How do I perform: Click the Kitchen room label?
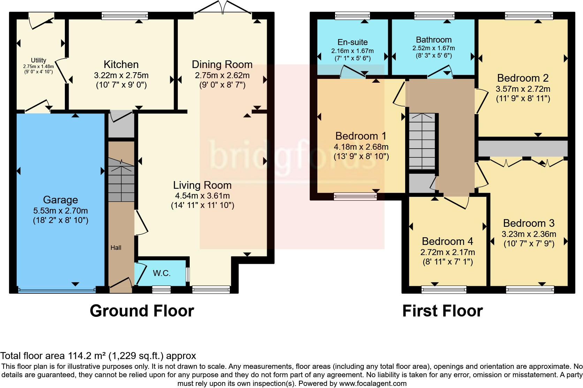point(121,65)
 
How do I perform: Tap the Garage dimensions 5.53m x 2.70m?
point(60,211)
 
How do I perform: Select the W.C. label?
point(162,273)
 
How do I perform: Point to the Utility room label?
point(38,60)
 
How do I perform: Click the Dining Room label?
point(222,65)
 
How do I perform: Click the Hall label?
point(116,248)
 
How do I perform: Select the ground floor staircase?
point(121,180)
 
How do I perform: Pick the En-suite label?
point(353,42)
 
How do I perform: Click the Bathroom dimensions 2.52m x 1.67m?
point(433,48)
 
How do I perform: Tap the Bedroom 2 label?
point(523,78)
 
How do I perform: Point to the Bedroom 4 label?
point(447,241)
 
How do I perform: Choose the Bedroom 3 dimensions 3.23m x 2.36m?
point(529,234)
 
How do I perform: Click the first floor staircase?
point(422,141)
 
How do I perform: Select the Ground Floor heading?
point(142,311)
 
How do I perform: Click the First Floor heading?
point(442,311)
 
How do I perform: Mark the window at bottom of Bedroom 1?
point(355,197)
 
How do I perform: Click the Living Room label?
point(202,185)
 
